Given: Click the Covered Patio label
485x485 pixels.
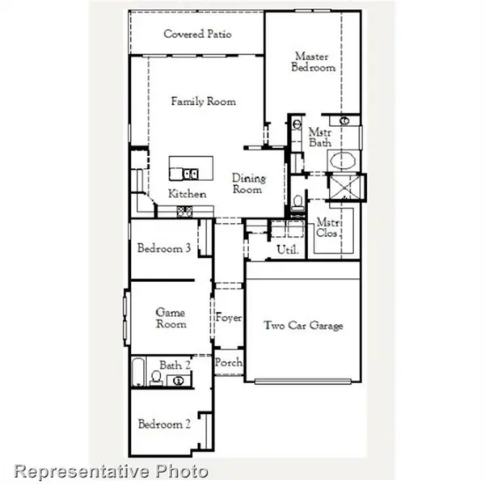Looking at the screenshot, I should click(197, 34).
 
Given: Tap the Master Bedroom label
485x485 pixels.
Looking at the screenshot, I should click(314, 62).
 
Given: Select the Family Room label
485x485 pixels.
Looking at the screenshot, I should click(203, 102).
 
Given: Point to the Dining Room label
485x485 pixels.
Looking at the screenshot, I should click(247, 183).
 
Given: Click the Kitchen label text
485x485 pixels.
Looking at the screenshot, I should click(187, 194).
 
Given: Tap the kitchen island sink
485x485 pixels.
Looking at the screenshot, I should click(191, 172).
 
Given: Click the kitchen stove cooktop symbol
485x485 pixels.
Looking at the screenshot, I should click(184, 212).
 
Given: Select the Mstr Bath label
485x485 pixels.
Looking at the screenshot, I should click(320, 136).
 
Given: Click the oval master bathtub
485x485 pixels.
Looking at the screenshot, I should click(344, 160).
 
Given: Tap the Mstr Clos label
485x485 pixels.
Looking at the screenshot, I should click(327, 228).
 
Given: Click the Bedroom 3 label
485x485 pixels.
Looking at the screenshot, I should click(163, 249).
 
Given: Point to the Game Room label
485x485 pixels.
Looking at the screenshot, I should click(171, 318).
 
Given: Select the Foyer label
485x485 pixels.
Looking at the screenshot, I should click(229, 318).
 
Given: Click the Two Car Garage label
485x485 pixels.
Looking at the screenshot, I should click(304, 326).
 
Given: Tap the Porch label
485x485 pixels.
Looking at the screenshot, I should click(229, 363).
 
